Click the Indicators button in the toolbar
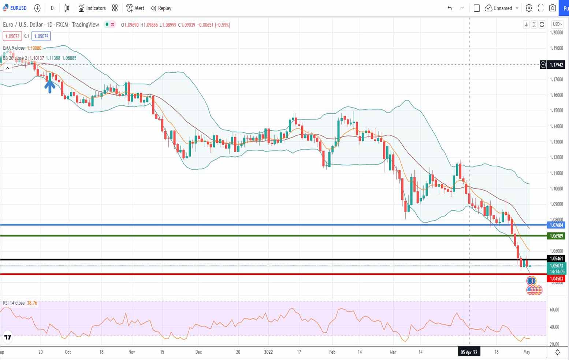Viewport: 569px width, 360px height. [x=92, y=8]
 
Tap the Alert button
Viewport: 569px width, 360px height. [x=135, y=8]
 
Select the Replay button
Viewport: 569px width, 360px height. [x=161, y=8]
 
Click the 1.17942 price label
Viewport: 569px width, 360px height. [x=556, y=65]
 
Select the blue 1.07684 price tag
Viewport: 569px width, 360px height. [x=556, y=225]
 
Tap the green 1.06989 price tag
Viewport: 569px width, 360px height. [x=556, y=236]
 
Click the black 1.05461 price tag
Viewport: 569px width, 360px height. [x=556, y=259]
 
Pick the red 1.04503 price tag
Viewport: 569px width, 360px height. [x=556, y=279]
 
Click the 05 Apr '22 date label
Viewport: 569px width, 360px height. [x=469, y=352]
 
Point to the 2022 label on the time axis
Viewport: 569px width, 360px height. [x=268, y=352]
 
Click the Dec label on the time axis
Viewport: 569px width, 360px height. [x=198, y=352]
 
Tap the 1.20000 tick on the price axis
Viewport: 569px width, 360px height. [x=556, y=33]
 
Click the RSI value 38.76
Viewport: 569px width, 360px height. [x=32, y=303]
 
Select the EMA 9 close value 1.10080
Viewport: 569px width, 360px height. [x=34, y=48]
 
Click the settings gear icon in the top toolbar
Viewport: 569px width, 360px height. [x=529, y=8]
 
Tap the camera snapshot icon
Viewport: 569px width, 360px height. [x=553, y=8]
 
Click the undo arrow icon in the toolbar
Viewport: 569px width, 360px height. [x=450, y=8]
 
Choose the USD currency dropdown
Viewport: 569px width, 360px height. [x=557, y=24]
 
